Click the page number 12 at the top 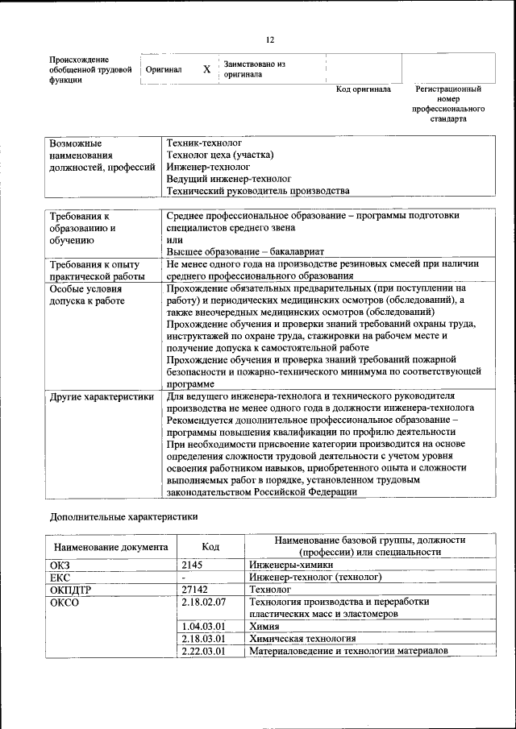click(270, 39)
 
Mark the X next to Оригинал click(206, 69)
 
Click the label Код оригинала click(363, 89)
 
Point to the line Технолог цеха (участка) click(220, 154)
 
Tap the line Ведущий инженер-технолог click(229, 178)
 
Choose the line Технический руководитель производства click(258, 191)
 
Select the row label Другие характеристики click(102, 396)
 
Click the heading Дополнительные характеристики click(123, 516)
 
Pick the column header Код click(210, 546)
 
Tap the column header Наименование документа click(111, 547)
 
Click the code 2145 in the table click(194, 565)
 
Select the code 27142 click(197, 589)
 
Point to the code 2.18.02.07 click(204, 602)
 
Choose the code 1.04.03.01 click(204, 626)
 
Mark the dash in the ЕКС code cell click(185, 577)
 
